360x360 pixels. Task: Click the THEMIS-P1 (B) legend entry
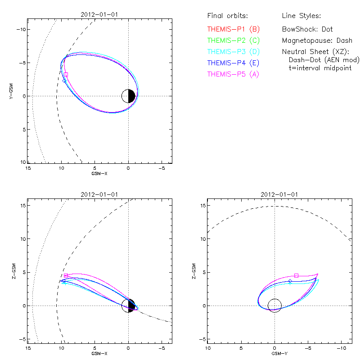pyautogui.click(x=233, y=29)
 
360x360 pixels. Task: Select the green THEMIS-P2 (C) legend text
pyautogui.click(x=233, y=40)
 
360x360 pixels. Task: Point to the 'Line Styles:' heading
pyautogui.click(x=301, y=16)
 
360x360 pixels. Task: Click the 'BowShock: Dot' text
pyautogui.click(x=307, y=29)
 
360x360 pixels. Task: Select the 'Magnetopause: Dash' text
pyautogui.click(x=317, y=40)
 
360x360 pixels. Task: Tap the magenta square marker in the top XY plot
pyautogui.click(x=66, y=74)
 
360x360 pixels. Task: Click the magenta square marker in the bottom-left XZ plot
pyautogui.click(x=66, y=275)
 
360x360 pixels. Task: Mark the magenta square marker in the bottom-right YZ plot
pyautogui.click(x=296, y=275)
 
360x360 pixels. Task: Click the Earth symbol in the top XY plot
pyautogui.click(x=129, y=96)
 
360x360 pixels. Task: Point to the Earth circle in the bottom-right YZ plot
pyautogui.click(x=274, y=306)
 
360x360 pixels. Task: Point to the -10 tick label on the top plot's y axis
pyautogui.click(x=20, y=29)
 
